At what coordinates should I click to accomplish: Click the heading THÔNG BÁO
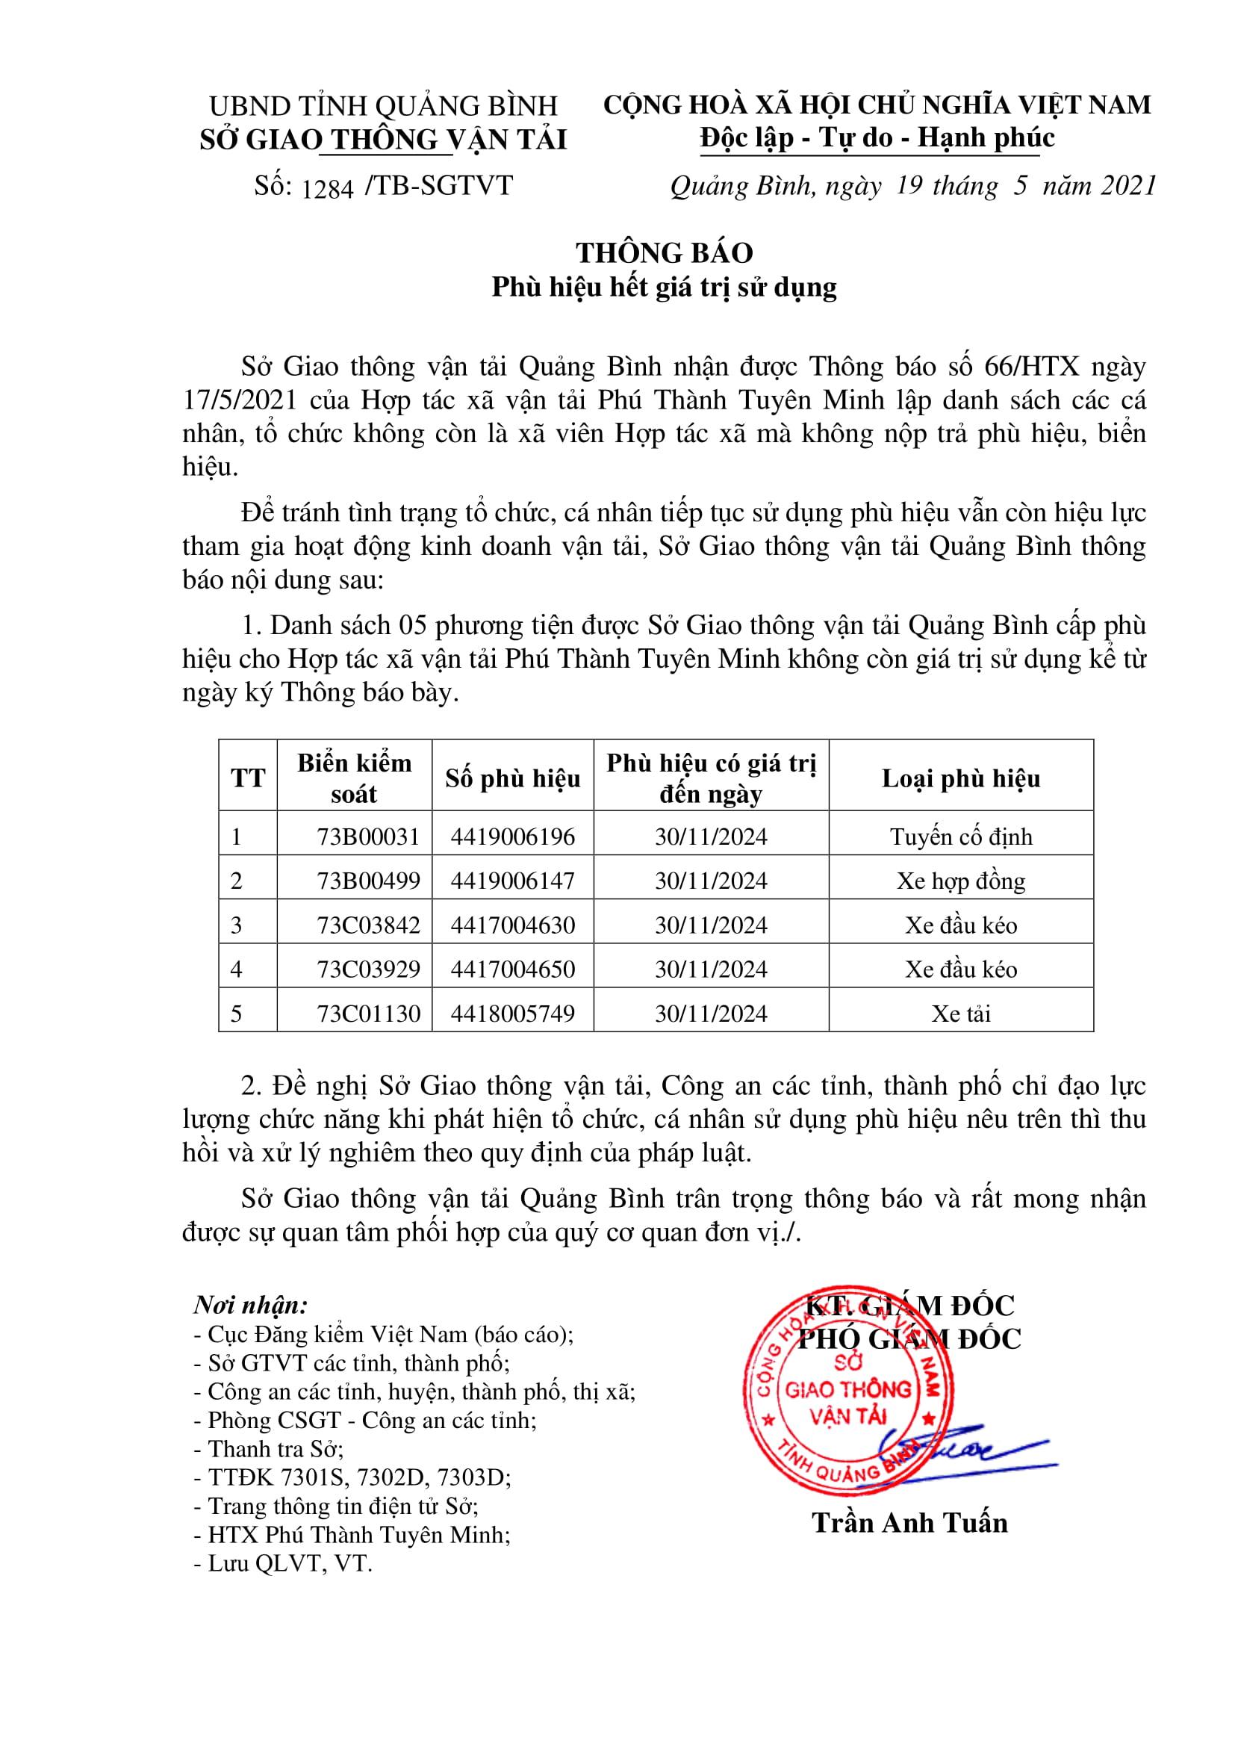664,252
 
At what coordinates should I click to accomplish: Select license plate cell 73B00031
368,837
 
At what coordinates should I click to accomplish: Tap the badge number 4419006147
512,881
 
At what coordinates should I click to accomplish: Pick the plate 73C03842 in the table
368,925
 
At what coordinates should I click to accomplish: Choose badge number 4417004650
512,969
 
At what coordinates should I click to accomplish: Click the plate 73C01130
368,1013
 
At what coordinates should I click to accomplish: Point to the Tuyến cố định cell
960,837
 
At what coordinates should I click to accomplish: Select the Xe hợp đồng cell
960,881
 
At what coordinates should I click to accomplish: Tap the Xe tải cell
960,1013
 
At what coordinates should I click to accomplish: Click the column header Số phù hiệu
512,778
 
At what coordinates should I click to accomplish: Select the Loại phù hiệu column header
960,778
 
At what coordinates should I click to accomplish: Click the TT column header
248,778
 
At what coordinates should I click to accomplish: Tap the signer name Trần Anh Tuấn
909,1522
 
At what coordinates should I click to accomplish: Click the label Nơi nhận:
250,1305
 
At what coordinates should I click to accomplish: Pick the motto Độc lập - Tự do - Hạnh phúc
877,137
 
